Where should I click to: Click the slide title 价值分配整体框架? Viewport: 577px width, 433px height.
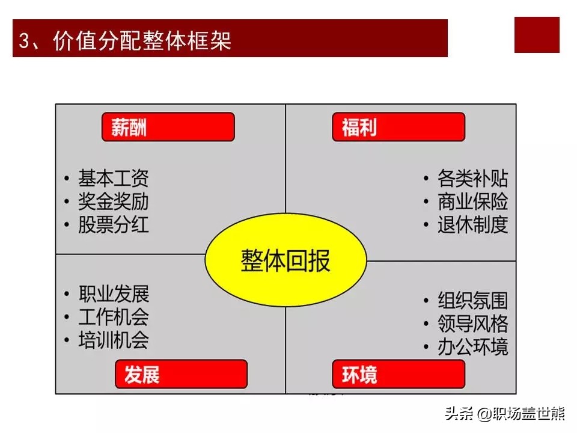pos(142,40)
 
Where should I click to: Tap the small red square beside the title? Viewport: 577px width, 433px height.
pos(537,35)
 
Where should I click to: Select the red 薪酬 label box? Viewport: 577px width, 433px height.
pos(168,127)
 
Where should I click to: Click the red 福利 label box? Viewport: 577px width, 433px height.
pos(398,127)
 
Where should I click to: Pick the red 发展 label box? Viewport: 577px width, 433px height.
pos(181,374)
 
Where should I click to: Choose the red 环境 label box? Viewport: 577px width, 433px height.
pos(398,374)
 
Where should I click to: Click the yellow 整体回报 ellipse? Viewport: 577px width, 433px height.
pos(285,260)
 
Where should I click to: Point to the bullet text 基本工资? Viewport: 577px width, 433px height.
pos(114,179)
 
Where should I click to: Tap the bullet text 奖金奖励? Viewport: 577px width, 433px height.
pos(114,201)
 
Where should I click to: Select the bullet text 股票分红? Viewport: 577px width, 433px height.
pos(114,224)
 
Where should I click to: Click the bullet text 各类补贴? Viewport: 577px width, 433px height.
pos(473,179)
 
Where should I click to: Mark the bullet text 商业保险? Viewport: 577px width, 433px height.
pos(473,201)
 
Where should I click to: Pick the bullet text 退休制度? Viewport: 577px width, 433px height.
pos(473,224)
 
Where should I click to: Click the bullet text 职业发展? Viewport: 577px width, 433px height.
pos(114,294)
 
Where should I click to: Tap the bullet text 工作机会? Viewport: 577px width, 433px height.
pos(114,317)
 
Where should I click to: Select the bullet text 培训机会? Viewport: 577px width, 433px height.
pos(114,339)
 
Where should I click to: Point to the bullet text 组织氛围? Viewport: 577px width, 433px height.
pos(473,301)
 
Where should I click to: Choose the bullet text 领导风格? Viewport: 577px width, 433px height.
pos(473,324)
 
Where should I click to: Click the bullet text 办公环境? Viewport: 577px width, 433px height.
pos(473,346)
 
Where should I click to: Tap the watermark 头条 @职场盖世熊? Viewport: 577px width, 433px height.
pos(505,414)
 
